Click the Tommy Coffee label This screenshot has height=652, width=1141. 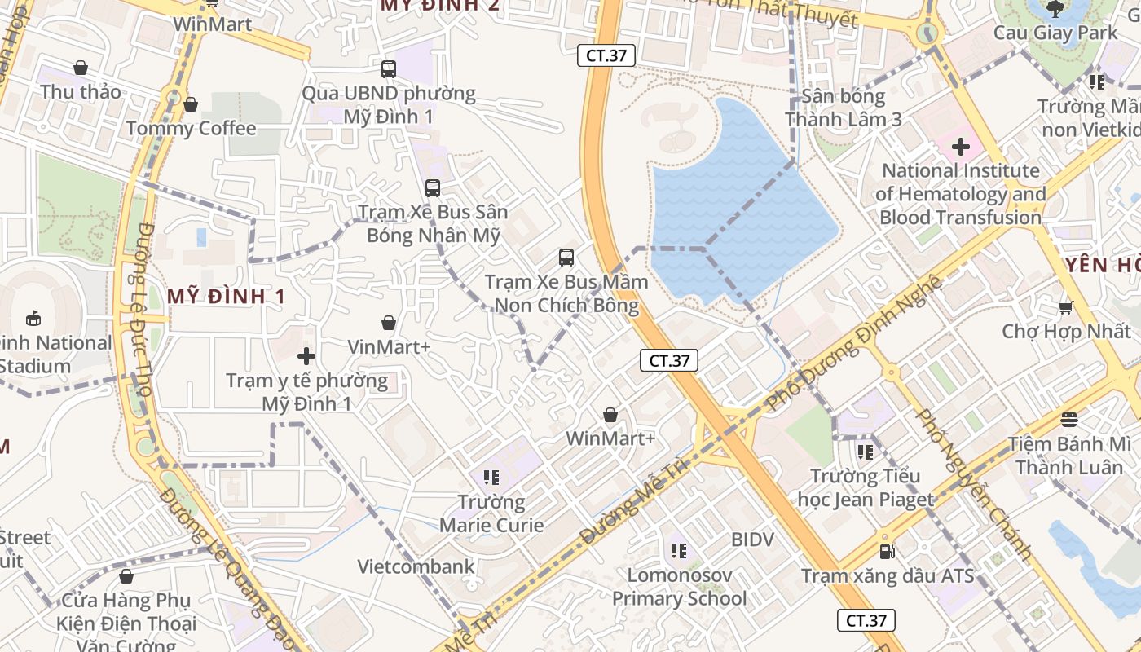coord(191,129)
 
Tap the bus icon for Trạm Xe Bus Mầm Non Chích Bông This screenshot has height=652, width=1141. coord(566,258)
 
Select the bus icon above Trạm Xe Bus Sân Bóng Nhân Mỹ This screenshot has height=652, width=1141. coord(433,187)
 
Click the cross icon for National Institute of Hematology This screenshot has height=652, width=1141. coord(961,147)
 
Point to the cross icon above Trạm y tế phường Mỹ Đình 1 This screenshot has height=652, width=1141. coord(306,356)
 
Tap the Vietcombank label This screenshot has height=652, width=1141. coord(416,566)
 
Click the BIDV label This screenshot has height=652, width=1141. coord(752,540)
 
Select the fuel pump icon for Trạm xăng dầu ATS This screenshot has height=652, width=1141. coord(888,552)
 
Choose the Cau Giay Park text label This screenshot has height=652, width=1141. coord(1055,33)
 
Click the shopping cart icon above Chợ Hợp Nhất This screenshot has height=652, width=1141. coord(1065,307)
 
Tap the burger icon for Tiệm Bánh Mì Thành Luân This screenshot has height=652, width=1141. coord(1069,420)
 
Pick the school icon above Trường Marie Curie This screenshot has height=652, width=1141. coord(491,477)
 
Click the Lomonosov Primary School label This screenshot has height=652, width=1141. coord(679,587)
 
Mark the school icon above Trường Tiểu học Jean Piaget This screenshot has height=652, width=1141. coord(866,451)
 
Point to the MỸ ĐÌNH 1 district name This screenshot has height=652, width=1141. coord(227,297)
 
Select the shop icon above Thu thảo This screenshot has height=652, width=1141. coord(81,68)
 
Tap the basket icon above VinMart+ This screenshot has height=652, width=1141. coord(389,323)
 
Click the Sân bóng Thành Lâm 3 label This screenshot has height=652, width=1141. coord(843,108)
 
